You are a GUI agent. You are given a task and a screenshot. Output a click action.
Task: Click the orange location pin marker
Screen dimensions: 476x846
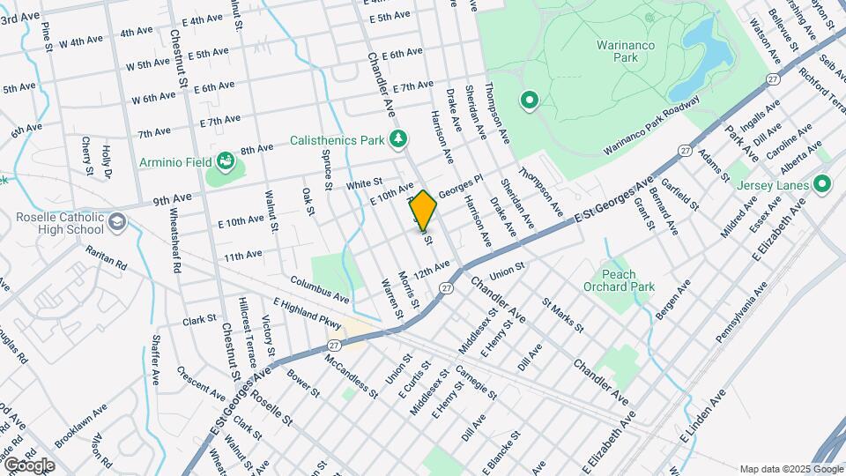coord(424,211)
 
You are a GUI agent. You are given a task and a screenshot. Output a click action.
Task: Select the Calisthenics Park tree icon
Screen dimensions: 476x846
coord(400,138)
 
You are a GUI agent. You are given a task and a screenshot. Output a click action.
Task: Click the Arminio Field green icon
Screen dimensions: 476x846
coord(227,162)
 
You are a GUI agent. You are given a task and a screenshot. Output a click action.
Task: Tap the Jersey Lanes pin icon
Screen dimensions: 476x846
coord(823,184)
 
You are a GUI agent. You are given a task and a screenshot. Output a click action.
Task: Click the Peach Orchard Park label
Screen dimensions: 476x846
coord(619,280)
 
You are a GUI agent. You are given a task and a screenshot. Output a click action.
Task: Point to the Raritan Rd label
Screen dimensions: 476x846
coord(107,257)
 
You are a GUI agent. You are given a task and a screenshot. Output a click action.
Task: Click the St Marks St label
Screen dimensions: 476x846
coord(563,316)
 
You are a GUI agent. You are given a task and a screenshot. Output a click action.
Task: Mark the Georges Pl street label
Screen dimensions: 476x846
coord(462,188)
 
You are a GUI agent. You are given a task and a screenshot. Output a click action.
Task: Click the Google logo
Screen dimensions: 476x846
coord(29,465)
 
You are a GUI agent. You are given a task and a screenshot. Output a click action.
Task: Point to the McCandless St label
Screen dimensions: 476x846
coord(351,376)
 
